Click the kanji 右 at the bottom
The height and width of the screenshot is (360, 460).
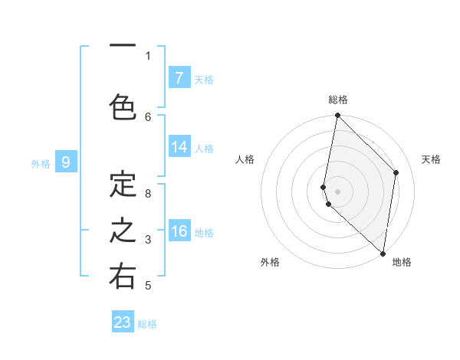pos(123,277)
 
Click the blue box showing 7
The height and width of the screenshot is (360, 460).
pos(179,77)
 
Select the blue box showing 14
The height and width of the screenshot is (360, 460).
pos(179,147)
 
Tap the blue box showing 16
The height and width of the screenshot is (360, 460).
pos(179,231)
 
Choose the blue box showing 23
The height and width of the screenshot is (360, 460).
pos(123,322)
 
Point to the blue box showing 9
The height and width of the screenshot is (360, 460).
pos(66,162)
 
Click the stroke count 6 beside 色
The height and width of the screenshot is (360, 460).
pos(148,116)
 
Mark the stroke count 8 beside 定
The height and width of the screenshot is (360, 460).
pos(148,194)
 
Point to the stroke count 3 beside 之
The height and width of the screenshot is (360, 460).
pos(148,240)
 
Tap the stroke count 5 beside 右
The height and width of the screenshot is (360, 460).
pos(148,286)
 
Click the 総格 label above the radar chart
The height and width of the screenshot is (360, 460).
pos(338,100)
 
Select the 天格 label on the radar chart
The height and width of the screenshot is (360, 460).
pos(431,159)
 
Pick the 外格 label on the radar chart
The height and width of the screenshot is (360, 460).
pos(270,262)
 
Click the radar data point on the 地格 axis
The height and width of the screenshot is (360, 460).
pos(383,254)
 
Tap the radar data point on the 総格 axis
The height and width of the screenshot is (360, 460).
pos(337,116)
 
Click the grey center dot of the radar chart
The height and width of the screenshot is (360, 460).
pos(337,191)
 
